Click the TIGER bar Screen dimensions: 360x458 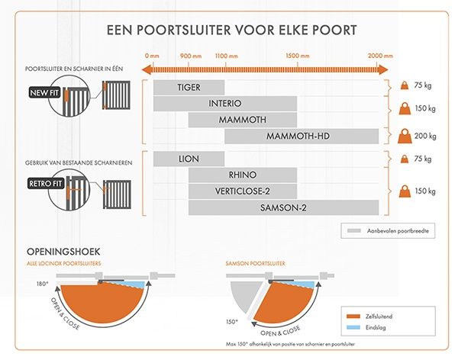point(189,87)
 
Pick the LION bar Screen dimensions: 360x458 point(189,159)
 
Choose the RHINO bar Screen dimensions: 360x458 point(242,175)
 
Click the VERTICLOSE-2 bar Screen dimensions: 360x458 point(242,191)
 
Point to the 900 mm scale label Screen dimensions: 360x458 point(190,56)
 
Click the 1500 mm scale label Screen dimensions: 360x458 point(297,56)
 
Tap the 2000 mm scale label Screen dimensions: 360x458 point(379,56)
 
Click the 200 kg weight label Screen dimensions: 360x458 point(425,137)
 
